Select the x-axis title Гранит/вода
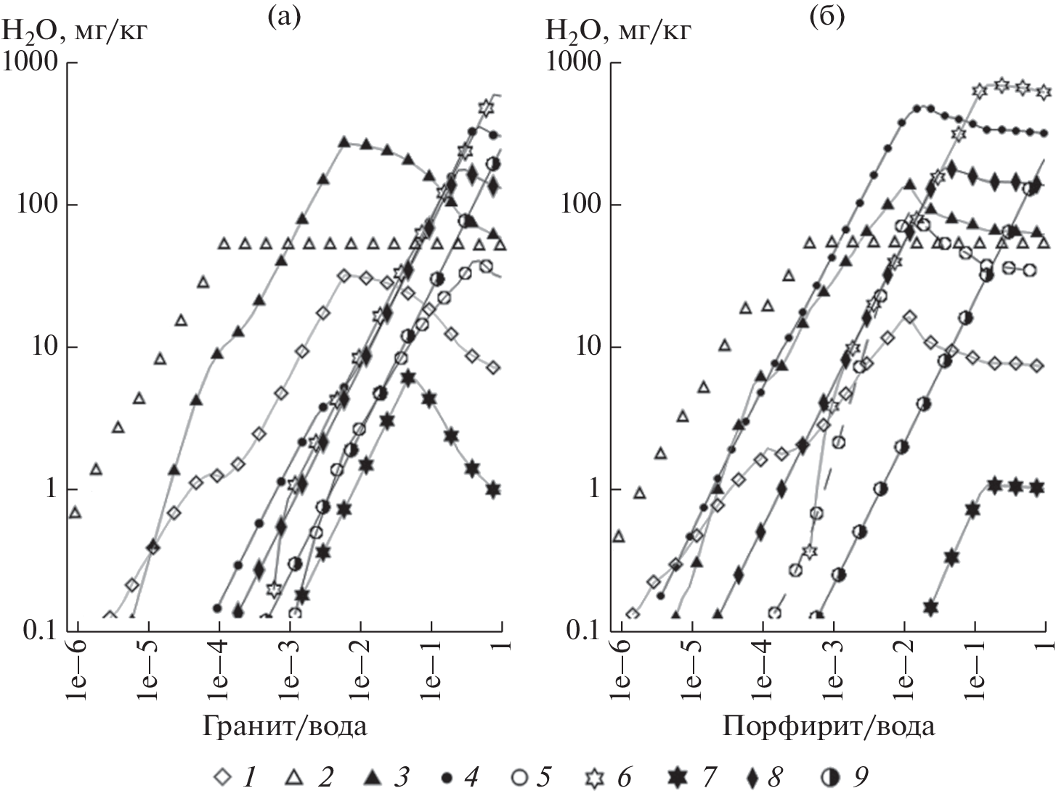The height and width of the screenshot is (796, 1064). (285, 726)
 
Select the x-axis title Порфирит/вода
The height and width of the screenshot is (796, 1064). (829, 726)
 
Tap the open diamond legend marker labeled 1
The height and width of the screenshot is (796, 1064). (224, 778)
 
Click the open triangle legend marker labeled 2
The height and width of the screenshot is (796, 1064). (293, 778)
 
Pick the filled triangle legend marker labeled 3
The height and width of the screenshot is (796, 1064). (371, 778)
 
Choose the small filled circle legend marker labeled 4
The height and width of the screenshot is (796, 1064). (448, 778)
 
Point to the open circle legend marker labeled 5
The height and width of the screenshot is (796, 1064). (519, 778)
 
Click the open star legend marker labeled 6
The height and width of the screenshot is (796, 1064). (596, 778)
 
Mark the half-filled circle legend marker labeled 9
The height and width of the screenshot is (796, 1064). (828, 778)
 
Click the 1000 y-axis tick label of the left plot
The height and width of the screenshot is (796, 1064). (31, 63)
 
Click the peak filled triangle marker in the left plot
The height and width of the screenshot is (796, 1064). (344, 141)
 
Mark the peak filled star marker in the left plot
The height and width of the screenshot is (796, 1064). (408, 377)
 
